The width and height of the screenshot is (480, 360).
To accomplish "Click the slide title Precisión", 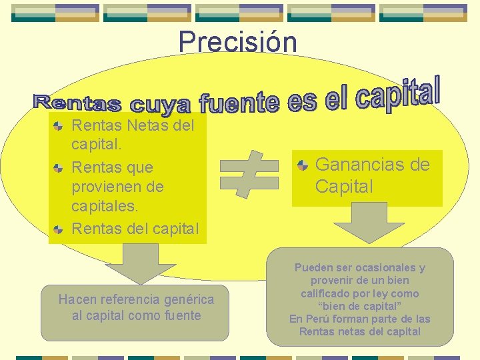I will [237, 42].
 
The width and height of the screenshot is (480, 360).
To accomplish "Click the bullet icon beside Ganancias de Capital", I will [303, 165].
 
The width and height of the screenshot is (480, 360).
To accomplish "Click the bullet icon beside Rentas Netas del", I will [59, 125].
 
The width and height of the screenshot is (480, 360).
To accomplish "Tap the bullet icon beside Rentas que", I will [59, 167].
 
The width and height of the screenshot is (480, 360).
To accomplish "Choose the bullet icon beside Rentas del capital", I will [59, 229].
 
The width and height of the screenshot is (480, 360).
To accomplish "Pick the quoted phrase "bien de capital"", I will [359, 306].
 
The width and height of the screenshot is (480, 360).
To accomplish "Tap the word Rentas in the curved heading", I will [77, 104].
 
